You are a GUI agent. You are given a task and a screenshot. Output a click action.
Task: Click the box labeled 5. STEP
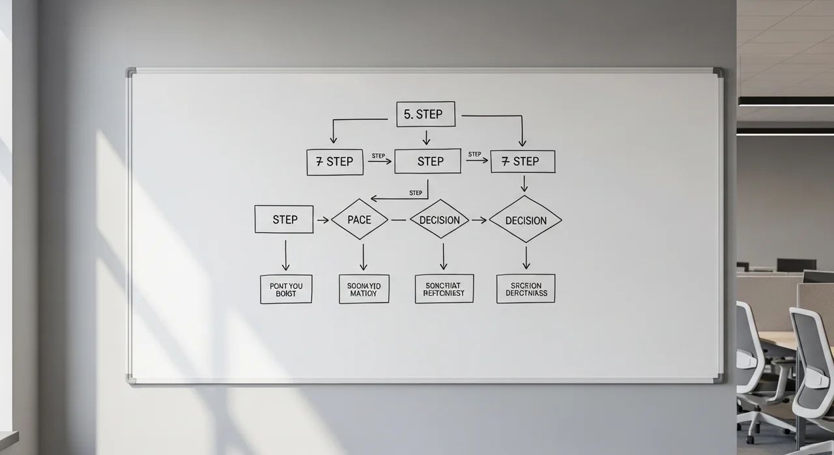click(425, 114)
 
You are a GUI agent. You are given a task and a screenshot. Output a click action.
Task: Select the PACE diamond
click(359, 220)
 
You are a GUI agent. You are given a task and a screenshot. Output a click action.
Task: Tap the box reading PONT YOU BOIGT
click(286, 289)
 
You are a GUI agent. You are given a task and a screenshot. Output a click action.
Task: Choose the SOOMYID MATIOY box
click(364, 289)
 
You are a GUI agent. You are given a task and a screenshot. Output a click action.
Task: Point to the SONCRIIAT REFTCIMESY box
click(444, 288)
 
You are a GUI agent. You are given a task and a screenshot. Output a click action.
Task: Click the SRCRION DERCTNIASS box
click(526, 288)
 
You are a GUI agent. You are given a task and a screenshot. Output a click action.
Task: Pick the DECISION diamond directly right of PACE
click(440, 220)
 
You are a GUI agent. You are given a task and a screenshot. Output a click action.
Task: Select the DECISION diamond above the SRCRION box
click(525, 220)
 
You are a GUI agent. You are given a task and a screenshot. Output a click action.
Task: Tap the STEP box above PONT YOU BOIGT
click(284, 219)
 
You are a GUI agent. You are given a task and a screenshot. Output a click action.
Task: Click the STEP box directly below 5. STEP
click(427, 161)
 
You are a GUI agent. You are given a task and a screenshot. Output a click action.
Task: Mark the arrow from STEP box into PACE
click(323, 220)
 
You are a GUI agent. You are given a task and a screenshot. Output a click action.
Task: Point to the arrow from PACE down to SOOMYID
click(364, 257)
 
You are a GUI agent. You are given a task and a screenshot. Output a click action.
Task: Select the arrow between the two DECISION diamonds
click(479, 220)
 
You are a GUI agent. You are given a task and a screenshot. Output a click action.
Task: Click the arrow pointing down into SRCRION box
click(526, 257)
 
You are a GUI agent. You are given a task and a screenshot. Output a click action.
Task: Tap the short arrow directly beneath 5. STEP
click(426, 138)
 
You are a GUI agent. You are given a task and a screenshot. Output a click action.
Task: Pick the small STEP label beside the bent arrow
click(416, 192)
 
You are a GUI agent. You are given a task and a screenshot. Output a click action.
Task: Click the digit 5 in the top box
click(407, 114)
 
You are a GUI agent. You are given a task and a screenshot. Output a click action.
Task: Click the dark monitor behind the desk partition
click(796, 265)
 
